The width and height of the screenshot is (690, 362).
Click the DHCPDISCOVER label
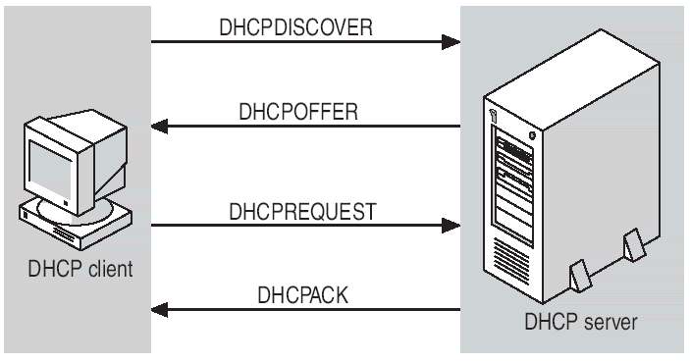pyautogui.click(x=305, y=26)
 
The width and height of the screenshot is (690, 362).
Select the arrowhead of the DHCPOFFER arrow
pyautogui.click(x=161, y=126)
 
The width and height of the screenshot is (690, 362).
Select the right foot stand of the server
pyautogui.click(x=634, y=240)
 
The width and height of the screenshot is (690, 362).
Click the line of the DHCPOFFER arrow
pyautogui.click(x=314, y=126)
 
